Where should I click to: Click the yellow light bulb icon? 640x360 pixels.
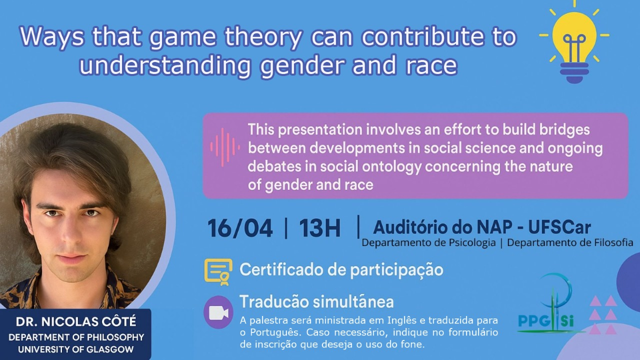[574, 43]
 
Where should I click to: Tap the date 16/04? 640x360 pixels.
[240, 228]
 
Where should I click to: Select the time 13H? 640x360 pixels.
[319, 228]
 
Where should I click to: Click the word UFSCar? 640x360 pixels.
[559, 227]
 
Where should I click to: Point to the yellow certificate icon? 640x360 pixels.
[218, 272]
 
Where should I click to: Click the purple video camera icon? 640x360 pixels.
[218, 312]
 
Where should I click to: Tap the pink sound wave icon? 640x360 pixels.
[225, 147]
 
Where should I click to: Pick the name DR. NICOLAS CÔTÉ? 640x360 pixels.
[76, 322]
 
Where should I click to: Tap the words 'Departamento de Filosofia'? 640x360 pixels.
[570, 242]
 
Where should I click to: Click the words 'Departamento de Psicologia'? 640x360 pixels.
[428, 242]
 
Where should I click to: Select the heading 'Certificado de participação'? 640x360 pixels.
[341, 270]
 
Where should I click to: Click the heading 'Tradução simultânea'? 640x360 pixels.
[316, 301]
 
